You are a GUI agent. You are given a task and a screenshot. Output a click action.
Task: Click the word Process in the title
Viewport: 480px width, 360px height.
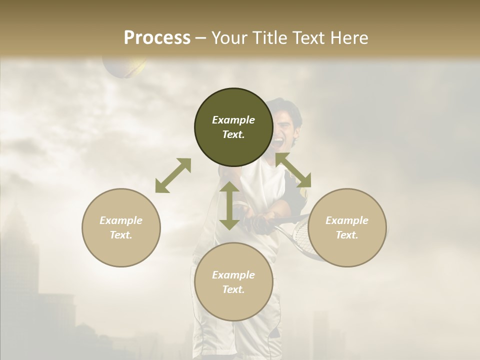point(157,38)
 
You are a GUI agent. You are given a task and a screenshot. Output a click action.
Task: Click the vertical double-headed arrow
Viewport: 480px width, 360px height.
point(229,205)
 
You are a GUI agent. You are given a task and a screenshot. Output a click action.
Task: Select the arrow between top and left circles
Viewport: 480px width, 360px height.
point(173,175)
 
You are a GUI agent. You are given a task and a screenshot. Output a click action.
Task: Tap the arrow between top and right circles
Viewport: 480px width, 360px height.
point(293,170)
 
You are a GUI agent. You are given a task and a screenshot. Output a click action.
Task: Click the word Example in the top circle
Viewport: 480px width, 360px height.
point(233,120)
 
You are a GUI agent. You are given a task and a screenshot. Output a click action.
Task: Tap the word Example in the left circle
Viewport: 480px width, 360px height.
point(121,220)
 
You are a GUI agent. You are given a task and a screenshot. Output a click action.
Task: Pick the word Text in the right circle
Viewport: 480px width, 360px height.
point(346,235)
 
